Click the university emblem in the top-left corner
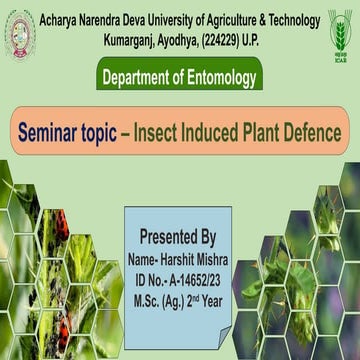[18, 31]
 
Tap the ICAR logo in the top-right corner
[340, 30]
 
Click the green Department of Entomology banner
[180, 75]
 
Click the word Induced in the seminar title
[221, 133]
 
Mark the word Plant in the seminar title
[268, 133]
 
